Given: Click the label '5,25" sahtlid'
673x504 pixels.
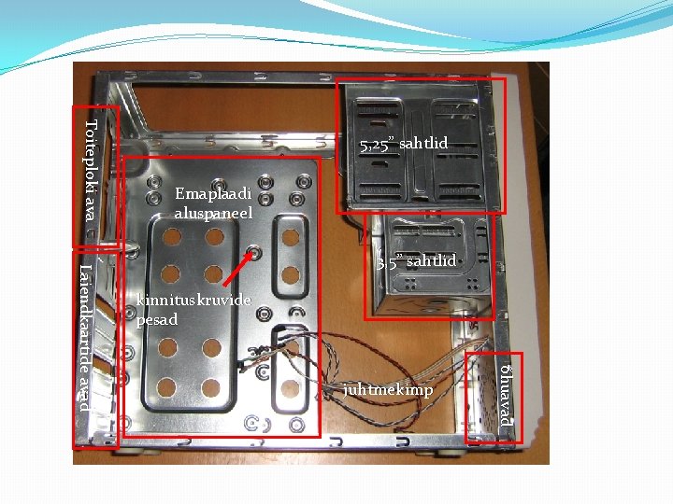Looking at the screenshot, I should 404,144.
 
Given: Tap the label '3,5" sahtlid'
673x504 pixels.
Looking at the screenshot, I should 416,261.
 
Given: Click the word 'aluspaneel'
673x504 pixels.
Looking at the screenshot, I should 213,214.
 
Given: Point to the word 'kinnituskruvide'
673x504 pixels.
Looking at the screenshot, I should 193,301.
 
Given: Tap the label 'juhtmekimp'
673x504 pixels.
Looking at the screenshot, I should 388,389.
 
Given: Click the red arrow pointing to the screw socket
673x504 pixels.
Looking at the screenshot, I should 237,269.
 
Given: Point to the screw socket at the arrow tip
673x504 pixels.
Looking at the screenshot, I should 254,252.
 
